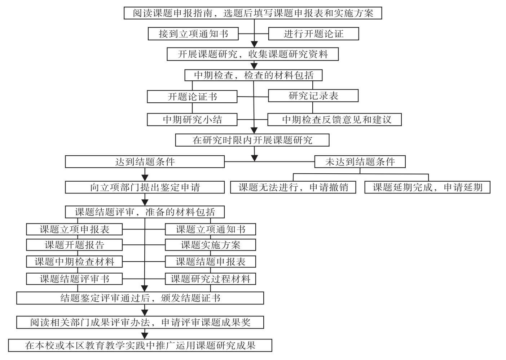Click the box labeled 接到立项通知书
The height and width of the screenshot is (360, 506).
pos(193,34)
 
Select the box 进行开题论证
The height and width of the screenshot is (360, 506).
pos(313,34)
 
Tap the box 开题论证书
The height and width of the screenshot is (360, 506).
pos(192,97)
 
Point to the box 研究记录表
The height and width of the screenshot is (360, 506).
pos(313,95)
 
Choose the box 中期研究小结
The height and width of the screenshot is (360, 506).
pos(192,119)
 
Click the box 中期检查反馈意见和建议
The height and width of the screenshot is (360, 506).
pos(335,119)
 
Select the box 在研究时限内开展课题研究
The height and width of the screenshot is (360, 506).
pos(252,140)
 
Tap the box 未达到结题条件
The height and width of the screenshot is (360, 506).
pos(360,161)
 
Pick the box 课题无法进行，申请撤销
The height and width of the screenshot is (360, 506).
pos(293,187)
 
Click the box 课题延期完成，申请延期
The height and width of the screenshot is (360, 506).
pos(428,187)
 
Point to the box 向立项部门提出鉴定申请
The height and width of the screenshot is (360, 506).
pos(145,187)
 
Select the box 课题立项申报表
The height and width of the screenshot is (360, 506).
pos(74,229)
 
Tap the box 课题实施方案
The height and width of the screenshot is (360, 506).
pos(211,245)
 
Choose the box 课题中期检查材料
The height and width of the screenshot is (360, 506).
pos(74,262)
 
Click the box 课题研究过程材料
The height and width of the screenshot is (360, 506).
pos(211,279)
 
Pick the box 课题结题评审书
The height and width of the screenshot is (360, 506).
pos(74,279)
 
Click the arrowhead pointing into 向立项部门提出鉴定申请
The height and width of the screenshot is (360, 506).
pos(145,178)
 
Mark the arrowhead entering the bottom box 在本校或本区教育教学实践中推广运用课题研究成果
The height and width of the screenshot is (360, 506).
pos(145,336)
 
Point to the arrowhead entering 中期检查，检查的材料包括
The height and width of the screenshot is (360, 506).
pos(254,66)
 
